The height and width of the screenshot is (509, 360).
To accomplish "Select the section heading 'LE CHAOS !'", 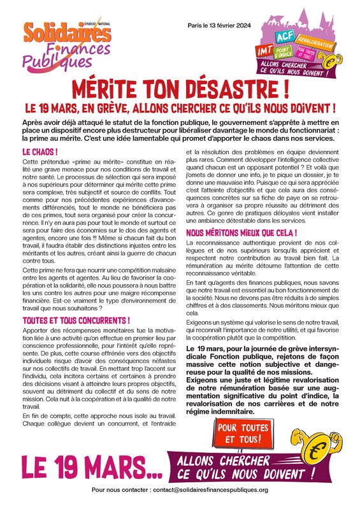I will (40, 153).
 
